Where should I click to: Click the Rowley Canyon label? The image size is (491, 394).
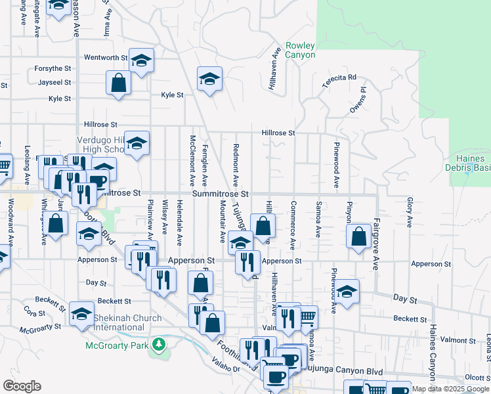coord(300,51)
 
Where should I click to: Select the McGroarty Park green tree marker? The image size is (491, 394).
coord(158,344)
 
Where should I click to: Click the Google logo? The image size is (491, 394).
coord(22,386)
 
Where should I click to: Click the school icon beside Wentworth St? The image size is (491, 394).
coord(141,60)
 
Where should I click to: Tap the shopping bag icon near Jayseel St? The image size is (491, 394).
coord(119,83)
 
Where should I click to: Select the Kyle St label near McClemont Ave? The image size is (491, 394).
coord(172,95)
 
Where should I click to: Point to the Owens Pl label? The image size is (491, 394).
coord(358,98)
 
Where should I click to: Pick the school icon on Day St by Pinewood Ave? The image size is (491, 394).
coord(347,291)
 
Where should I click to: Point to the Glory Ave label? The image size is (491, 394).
coord(409,213)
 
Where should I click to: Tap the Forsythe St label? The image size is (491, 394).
coord(53,68)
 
